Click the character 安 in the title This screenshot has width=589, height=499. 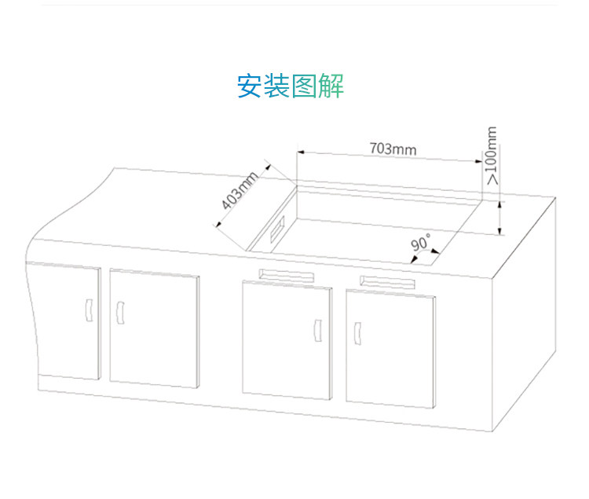[251, 86]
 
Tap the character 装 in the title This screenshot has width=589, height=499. [277, 86]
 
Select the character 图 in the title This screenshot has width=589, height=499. [305, 86]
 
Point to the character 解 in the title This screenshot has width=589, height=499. [331, 86]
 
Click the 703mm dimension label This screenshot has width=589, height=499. [393, 148]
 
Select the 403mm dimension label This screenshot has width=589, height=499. [240, 192]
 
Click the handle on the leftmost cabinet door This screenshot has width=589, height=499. [88, 311]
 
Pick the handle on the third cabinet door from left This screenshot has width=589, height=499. [317, 329]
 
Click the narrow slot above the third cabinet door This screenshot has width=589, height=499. [287, 274]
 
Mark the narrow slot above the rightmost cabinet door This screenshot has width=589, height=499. [386, 281]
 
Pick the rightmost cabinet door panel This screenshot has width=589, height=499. [390, 347]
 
